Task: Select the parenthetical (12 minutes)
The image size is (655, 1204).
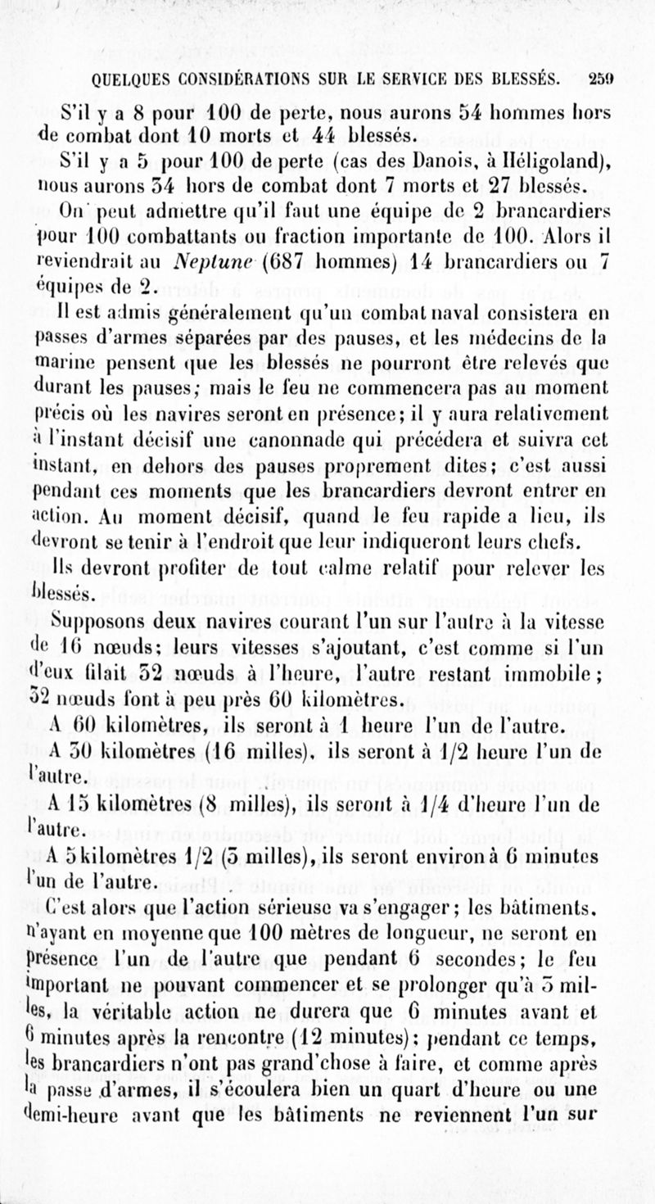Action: click(373, 1018)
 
